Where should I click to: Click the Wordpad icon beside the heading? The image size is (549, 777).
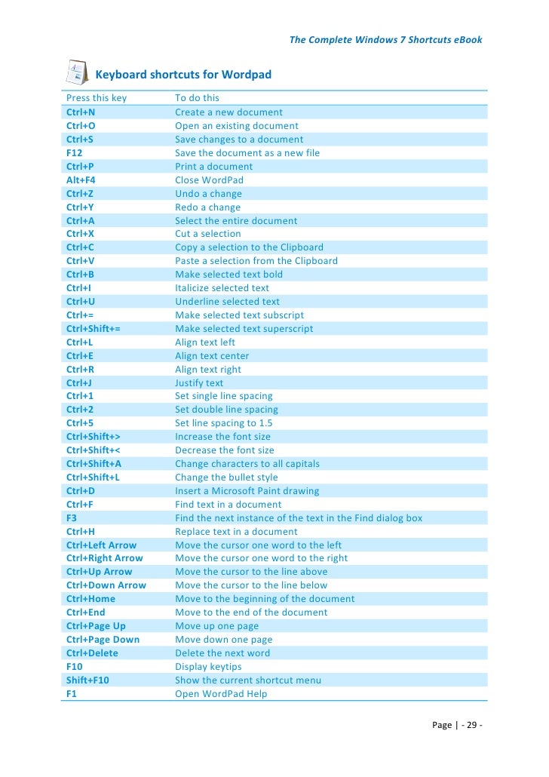click(75, 73)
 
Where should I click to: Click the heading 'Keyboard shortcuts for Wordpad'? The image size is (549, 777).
click(182, 75)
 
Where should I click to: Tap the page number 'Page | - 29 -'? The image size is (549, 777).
click(457, 725)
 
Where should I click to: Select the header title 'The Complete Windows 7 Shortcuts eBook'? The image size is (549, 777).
click(385, 39)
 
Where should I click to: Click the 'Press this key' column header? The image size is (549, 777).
click(97, 98)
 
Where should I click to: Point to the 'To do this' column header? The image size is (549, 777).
click(197, 98)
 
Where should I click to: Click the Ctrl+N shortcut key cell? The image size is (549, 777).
click(81, 112)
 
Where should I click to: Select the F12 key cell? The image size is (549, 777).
click(75, 152)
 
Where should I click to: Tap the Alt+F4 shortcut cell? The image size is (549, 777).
click(81, 180)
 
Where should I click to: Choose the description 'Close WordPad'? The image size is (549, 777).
click(209, 180)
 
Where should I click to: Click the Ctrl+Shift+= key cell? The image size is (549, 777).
click(94, 328)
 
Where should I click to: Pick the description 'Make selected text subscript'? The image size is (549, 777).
click(239, 315)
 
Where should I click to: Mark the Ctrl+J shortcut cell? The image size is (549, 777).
click(79, 382)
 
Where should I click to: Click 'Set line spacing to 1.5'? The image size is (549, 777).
click(223, 423)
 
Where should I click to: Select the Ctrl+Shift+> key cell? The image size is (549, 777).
click(94, 437)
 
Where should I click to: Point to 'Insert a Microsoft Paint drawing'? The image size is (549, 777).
click(247, 490)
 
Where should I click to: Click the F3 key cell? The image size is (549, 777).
click(72, 517)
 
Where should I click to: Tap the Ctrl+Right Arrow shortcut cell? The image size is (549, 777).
click(104, 558)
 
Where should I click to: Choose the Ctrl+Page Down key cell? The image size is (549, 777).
click(103, 639)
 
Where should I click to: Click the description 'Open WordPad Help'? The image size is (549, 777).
click(221, 693)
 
